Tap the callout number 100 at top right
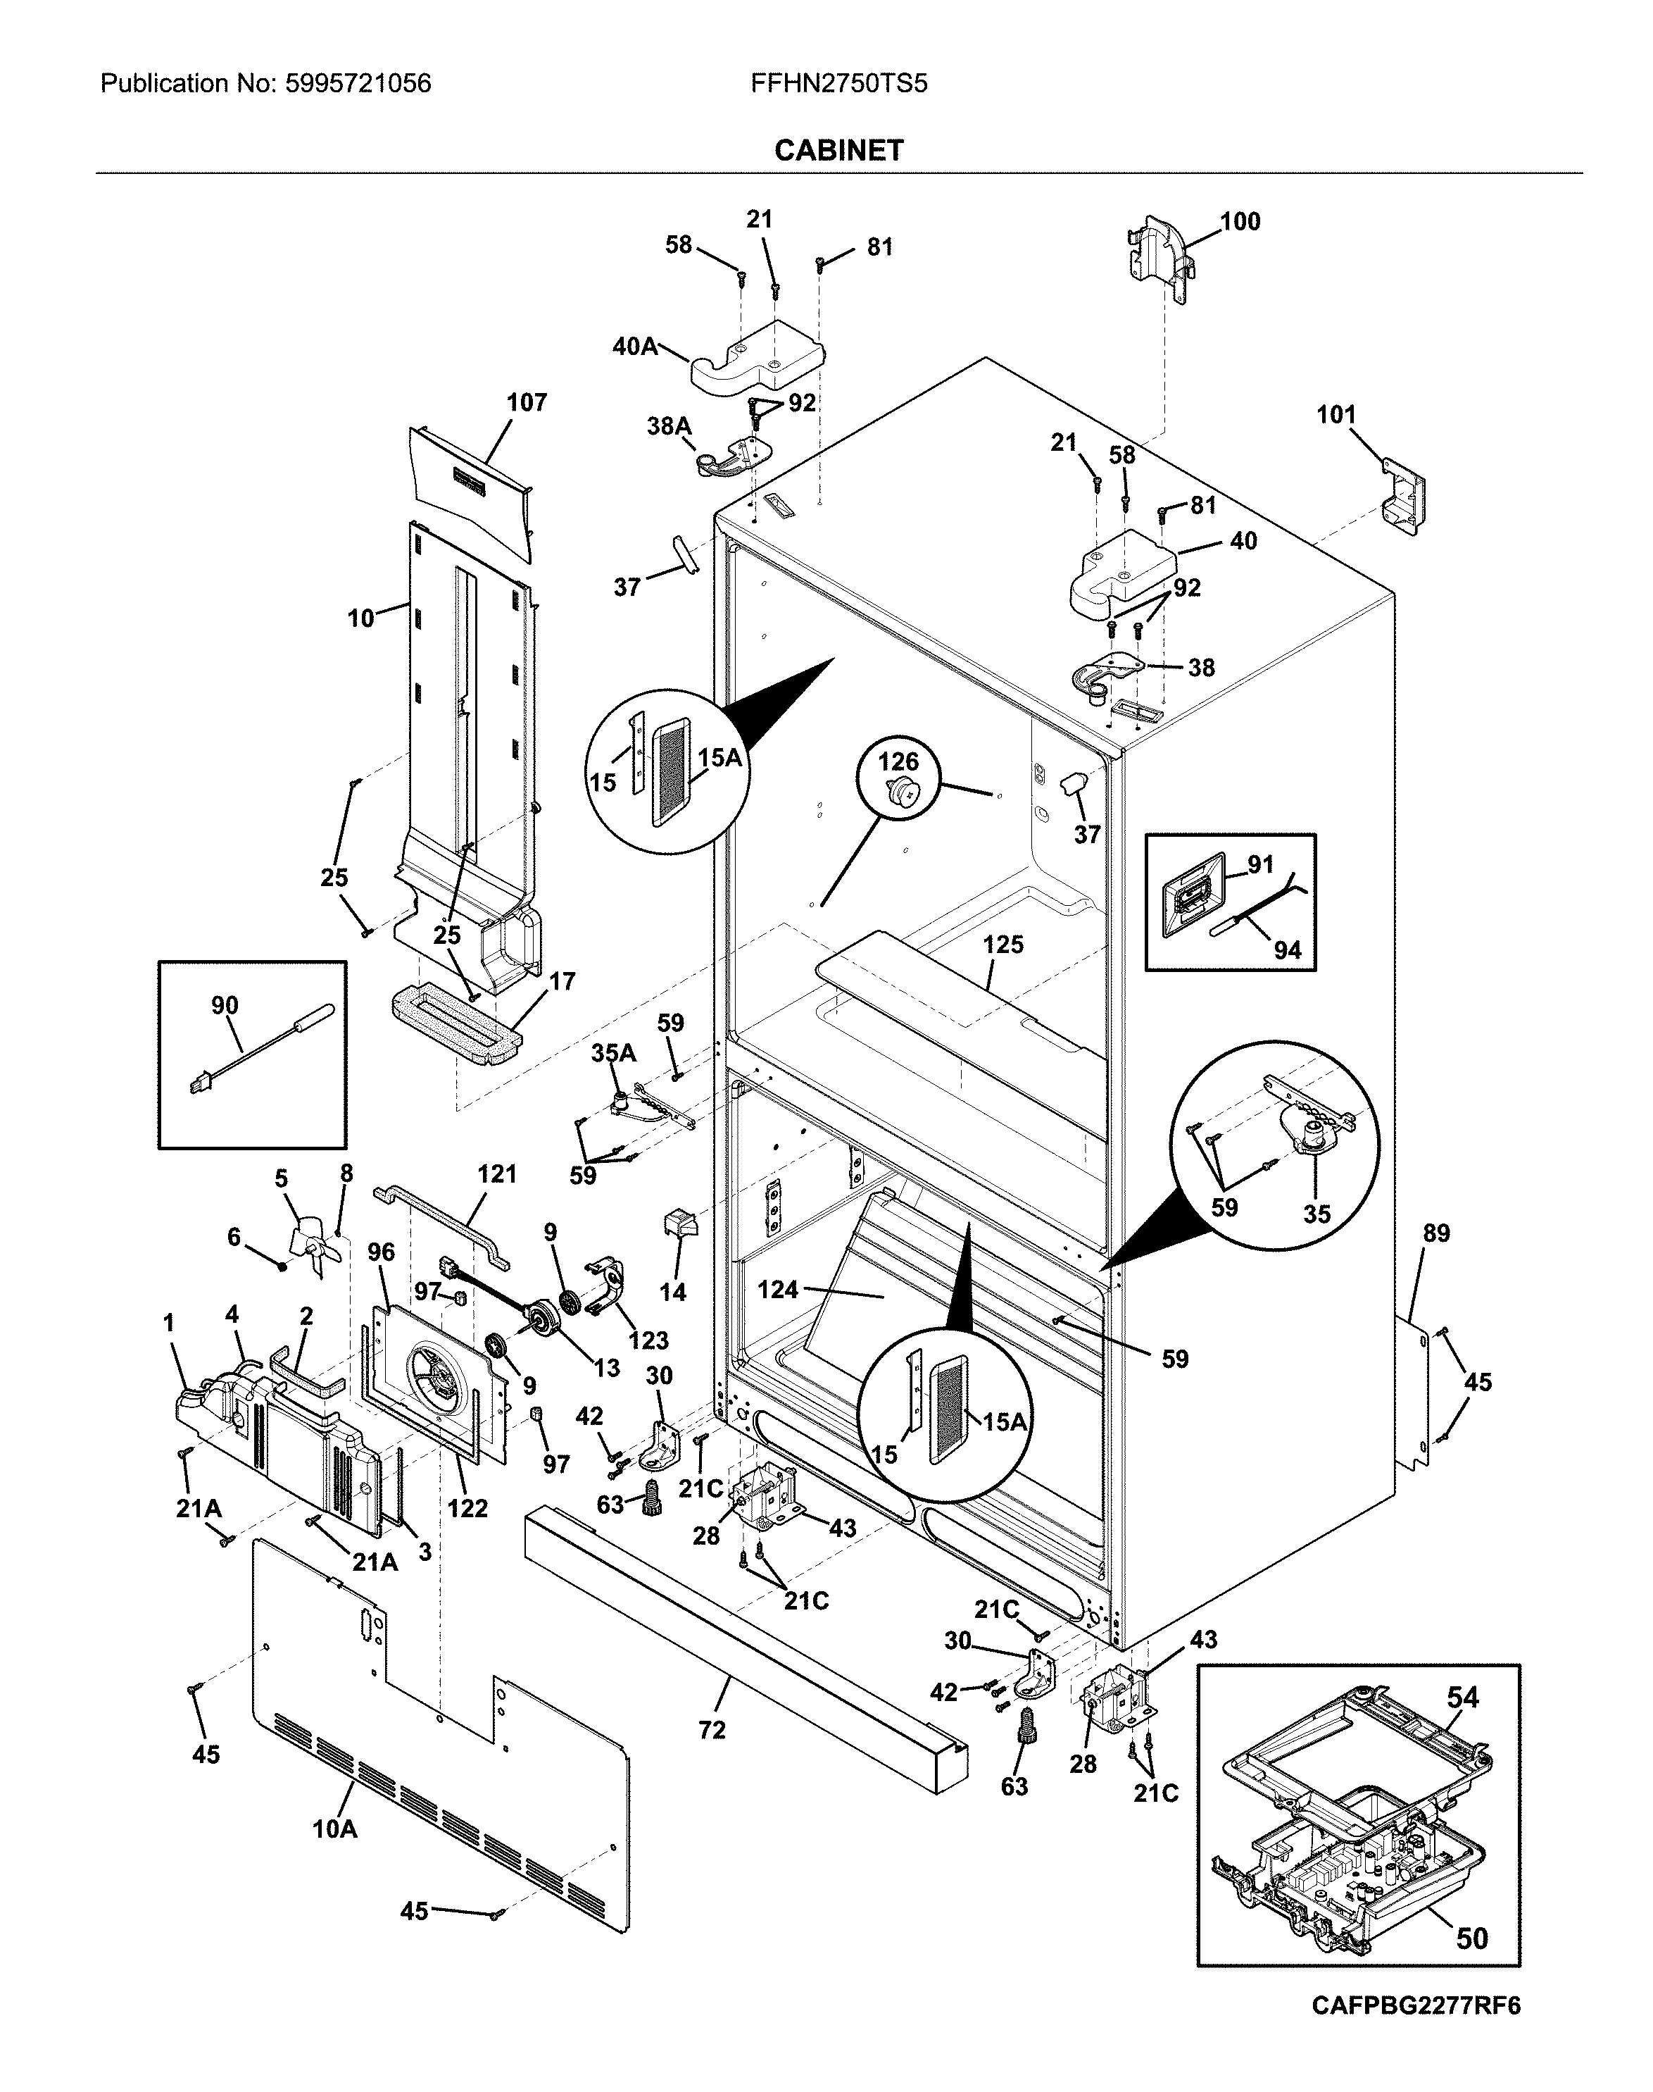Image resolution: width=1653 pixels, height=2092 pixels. click(1240, 222)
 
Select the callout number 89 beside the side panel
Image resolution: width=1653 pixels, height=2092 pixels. click(1436, 1233)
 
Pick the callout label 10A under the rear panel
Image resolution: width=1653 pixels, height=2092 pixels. click(335, 1829)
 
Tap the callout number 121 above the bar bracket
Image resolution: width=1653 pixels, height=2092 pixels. click(498, 1174)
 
